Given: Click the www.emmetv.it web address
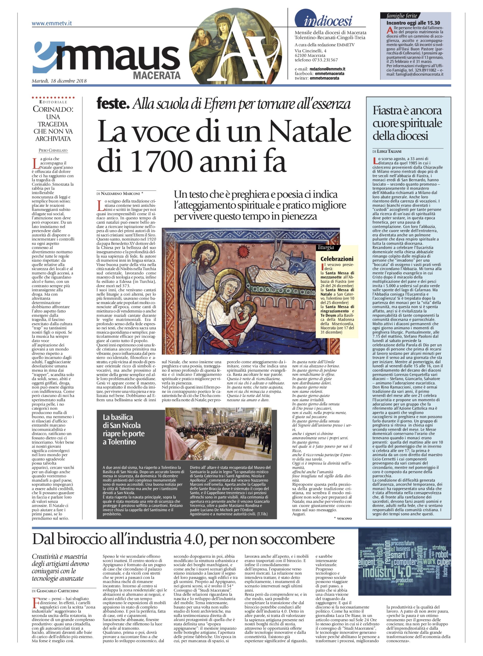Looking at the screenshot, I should pos(52,24).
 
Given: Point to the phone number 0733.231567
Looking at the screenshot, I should pos(326,60).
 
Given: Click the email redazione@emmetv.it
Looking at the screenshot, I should pos(328,69).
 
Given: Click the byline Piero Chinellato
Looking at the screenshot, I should pos(53,150).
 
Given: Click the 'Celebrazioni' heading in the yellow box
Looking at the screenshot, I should pos(337,259).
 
